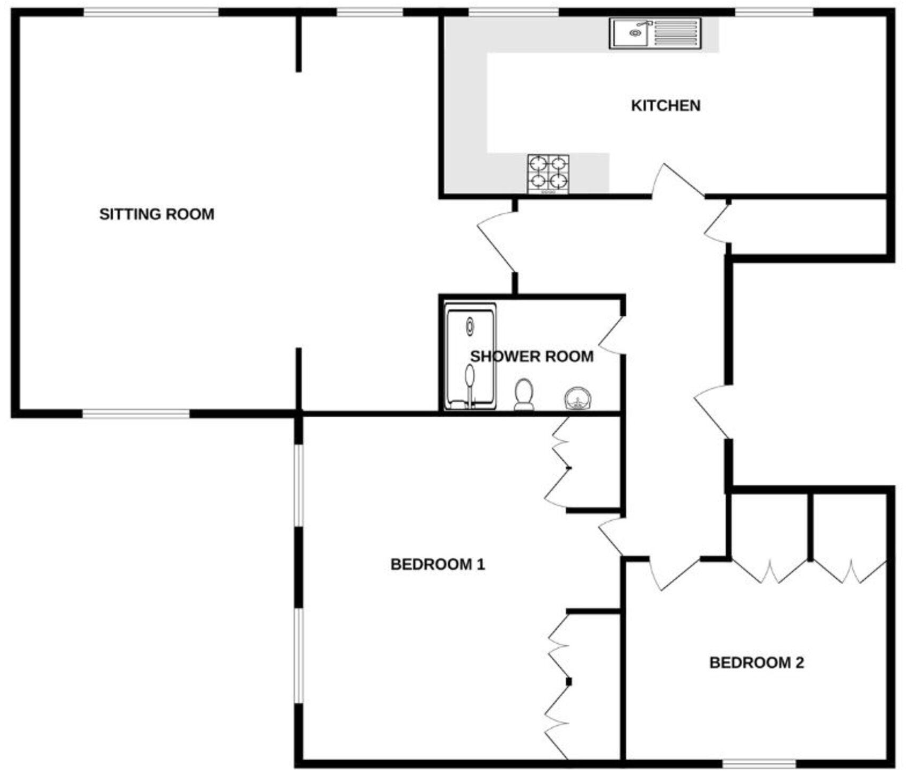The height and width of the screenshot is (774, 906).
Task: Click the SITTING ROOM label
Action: (157, 214)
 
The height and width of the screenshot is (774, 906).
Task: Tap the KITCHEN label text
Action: (665, 106)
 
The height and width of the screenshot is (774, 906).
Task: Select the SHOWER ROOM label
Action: (532, 356)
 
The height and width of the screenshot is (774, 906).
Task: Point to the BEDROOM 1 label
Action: (438, 564)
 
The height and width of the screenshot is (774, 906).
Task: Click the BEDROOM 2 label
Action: (756, 663)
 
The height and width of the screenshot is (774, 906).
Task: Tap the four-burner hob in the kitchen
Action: (548, 174)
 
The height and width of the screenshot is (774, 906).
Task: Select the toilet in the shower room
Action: (524, 394)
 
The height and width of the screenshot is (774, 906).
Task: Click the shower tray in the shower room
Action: (471, 356)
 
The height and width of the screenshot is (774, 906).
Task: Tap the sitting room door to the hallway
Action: (497, 242)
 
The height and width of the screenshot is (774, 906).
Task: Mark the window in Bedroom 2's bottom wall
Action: (760, 764)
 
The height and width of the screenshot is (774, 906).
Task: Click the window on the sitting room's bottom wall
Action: (136, 413)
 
